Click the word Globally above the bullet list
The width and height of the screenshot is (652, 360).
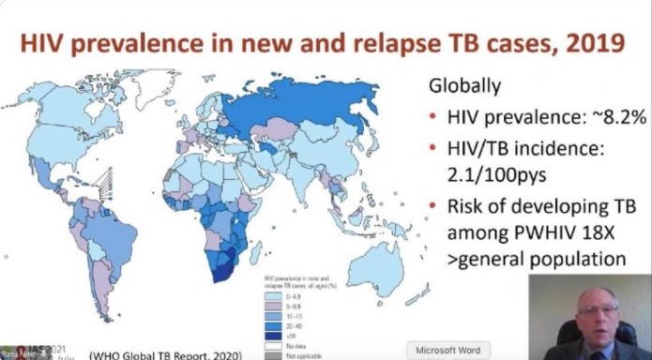[x=466, y=85]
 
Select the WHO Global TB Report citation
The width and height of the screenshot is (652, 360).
[x=165, y=353]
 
